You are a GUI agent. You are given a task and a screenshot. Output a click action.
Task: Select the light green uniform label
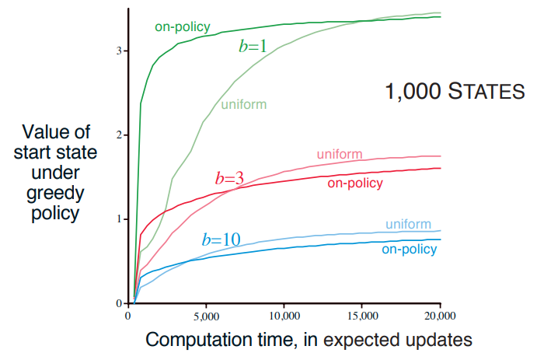[x=244, y=104]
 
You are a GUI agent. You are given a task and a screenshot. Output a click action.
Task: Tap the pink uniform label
[x=340, y=154]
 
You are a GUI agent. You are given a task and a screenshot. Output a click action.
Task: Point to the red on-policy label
[x=355, y=183]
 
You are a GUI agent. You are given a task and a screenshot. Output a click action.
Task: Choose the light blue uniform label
[x=408, y=225]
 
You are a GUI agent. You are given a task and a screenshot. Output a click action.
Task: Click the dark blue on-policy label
[x=409, y=249]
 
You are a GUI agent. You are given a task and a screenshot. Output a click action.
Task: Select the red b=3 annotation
[x=229, y=178]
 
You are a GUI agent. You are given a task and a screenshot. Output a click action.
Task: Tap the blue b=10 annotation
[x=220, y=239]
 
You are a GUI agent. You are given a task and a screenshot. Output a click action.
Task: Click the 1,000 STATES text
[x=455, y=93]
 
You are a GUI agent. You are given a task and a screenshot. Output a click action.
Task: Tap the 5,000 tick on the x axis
[x=206, y=316]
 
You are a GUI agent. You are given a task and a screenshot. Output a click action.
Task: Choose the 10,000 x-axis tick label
[x=284, y=316]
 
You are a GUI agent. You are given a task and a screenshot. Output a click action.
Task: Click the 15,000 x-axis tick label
[x=362, y=316]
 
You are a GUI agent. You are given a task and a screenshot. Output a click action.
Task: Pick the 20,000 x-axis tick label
[x=441, y=316]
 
